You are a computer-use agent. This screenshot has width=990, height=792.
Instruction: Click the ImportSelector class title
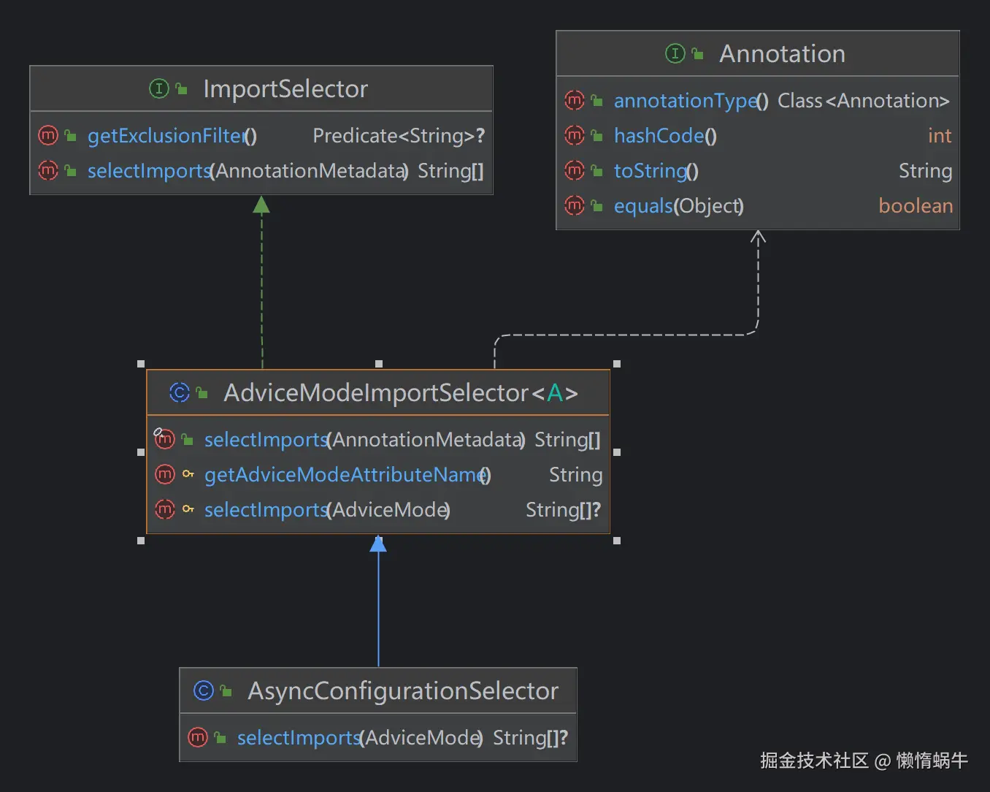[x=285, y=89]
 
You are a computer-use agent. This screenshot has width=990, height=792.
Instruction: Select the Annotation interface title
[x=782, y=54]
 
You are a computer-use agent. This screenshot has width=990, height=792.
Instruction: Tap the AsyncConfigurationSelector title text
[x=402, y=691]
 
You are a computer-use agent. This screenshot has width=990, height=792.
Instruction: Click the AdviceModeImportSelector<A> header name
[x=400, y=393]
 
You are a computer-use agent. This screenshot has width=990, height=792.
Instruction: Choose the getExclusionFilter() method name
[x=172, y=136]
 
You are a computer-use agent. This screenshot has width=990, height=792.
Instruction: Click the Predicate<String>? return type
[x=398, y=136]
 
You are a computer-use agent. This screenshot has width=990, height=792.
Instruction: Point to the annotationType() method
[x=690, y=101]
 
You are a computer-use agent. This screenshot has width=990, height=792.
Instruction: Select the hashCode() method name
[x=664, y=136]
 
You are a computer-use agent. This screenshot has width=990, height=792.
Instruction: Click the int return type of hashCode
[x=939, y=136]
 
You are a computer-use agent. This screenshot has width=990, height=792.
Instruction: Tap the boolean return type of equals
[x=915, y=206]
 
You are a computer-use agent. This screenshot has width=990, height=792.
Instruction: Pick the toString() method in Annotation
[x=656, y=171]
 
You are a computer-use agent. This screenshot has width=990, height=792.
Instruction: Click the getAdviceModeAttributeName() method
[x=347, y=475]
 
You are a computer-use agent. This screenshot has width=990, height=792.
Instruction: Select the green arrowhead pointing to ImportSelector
[x=261, y=205]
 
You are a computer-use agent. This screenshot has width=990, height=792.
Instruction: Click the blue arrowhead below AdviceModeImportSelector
[x=378, y=544]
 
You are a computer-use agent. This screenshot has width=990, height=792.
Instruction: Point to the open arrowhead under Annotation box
[x=758, y=237]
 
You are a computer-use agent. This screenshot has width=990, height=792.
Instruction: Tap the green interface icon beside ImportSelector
[x=158, y=89]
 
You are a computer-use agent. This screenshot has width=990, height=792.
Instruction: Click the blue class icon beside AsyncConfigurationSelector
[x=203, y=691]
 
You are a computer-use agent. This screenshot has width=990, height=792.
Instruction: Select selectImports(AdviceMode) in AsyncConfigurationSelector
[x=359, y=738]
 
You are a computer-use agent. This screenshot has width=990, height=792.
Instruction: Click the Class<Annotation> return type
[x=863, y=101]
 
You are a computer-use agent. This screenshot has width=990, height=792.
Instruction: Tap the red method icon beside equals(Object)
[x=575, y=206]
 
